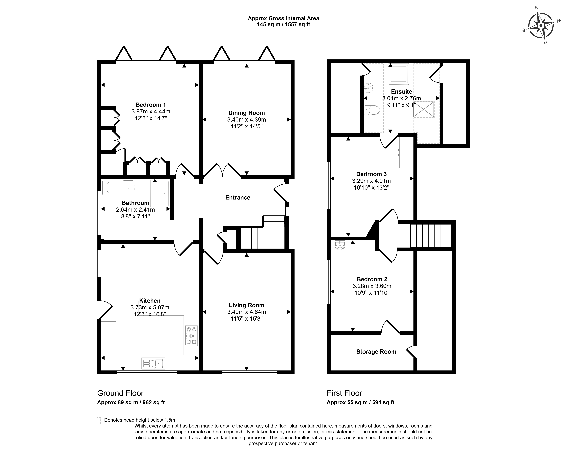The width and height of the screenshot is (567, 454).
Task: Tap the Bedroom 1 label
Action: [x=151, y=105]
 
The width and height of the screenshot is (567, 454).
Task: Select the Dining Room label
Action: [x=246, y=113]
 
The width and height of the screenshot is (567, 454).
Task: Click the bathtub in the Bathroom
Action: [x=119, y=188]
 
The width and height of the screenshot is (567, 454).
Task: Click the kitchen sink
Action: [x=153, y=363]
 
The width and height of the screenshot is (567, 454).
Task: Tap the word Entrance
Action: [x=238, y=198]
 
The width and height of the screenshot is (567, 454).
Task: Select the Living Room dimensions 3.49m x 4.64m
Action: [x=246, y=312]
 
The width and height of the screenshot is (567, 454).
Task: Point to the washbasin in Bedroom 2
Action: [x=340, y=245]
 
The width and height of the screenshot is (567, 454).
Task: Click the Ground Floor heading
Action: [x=120, y=393]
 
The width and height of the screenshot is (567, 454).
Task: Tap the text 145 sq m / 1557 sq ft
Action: [x=283, y=24]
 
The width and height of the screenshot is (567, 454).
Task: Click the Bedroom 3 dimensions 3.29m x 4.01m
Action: [x=371, y=181]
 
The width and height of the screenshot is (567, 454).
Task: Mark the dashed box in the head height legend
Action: [x=99, y=421]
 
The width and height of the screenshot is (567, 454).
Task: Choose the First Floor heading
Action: [x=345, y=393]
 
